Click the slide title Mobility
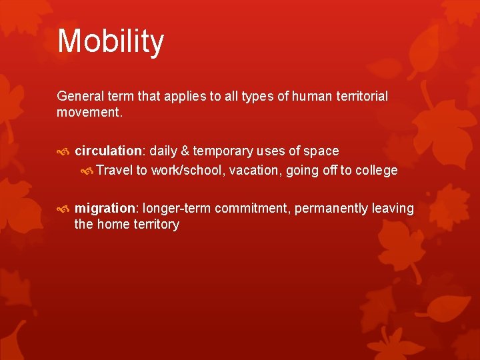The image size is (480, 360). [x=111, y=41]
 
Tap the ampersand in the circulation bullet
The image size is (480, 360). [x=185, y=151]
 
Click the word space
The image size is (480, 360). [x=322, y=151]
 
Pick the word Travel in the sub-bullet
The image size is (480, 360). [x=115, y=170]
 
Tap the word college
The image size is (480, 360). [x=377, y=170]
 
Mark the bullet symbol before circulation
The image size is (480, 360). [x=63, y=151]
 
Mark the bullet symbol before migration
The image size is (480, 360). [x=63, y=209]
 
